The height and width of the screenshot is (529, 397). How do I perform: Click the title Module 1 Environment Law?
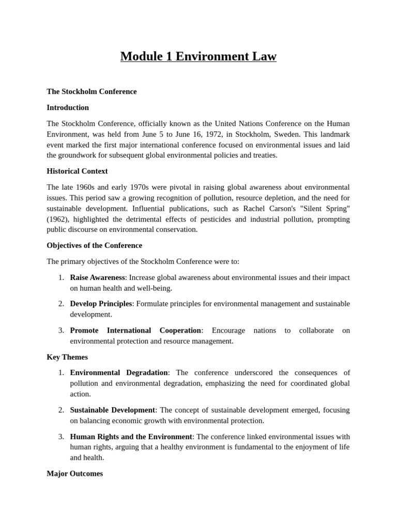click(198, 56)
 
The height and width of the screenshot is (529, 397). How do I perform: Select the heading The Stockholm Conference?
click(91, 91)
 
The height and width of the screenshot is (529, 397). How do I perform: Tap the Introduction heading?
click(68, 107)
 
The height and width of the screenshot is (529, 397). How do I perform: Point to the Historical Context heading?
click(77, 171)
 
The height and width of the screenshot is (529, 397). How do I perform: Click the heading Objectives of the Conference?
click(94, 245)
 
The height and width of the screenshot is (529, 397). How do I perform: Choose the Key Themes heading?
click(67, 357)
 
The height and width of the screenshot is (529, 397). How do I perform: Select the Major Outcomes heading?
click(74, 473)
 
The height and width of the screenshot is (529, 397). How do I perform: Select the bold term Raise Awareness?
click(98, 277)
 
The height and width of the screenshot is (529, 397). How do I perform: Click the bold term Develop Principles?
click(101, 304)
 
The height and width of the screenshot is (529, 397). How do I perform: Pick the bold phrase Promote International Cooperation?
click(135, 330)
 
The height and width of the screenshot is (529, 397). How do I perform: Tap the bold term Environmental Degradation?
click(119, 372)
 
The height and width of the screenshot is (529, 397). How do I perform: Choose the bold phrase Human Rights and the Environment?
click(131, 437)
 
